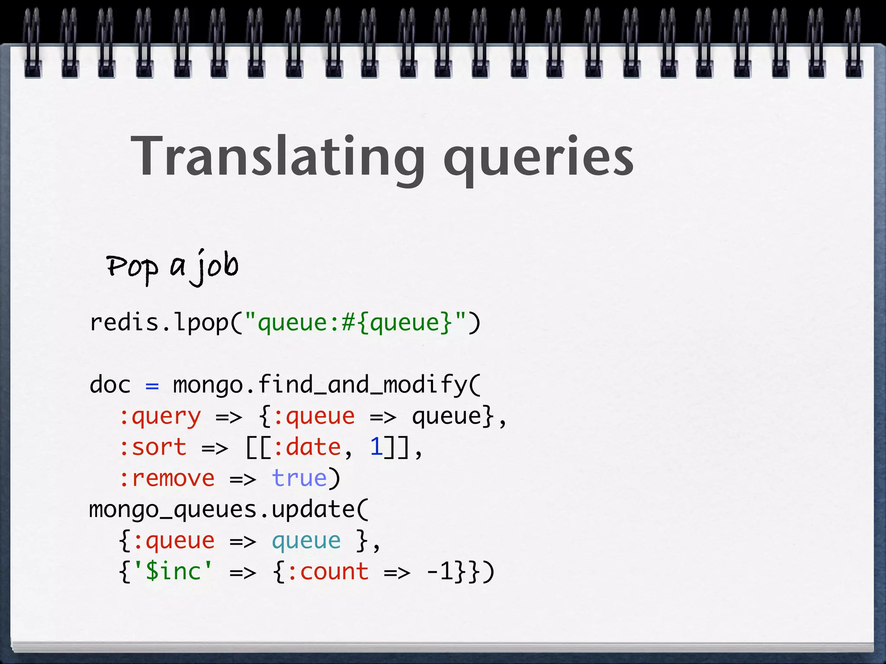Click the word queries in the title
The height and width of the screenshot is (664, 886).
538,159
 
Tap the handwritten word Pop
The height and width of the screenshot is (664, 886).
132,267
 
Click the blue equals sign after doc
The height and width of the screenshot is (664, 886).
152,385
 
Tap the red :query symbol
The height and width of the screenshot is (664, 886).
160,417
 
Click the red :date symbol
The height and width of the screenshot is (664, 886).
307,447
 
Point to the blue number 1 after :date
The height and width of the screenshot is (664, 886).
376,447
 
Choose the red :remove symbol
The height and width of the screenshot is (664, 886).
167,479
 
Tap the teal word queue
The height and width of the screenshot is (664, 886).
306,541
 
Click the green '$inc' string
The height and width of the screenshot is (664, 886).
173,571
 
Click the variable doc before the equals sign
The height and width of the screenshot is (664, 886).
110,385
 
